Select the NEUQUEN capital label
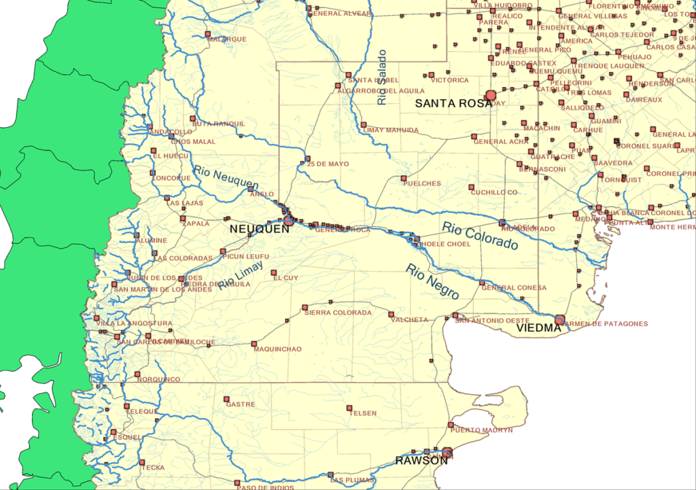pos(260,229)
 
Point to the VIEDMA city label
pos(539,328)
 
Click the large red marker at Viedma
pos(560,319)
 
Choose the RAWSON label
pos(421,461)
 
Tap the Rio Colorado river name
pos(480,235)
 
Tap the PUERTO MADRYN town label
pos(481,430)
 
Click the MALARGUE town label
pos(227,39)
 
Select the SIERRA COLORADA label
pos(338,313)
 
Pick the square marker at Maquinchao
pos(254,343)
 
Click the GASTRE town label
pos(241,404)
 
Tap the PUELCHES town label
pos(421,183)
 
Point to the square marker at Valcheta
pos(391,314)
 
